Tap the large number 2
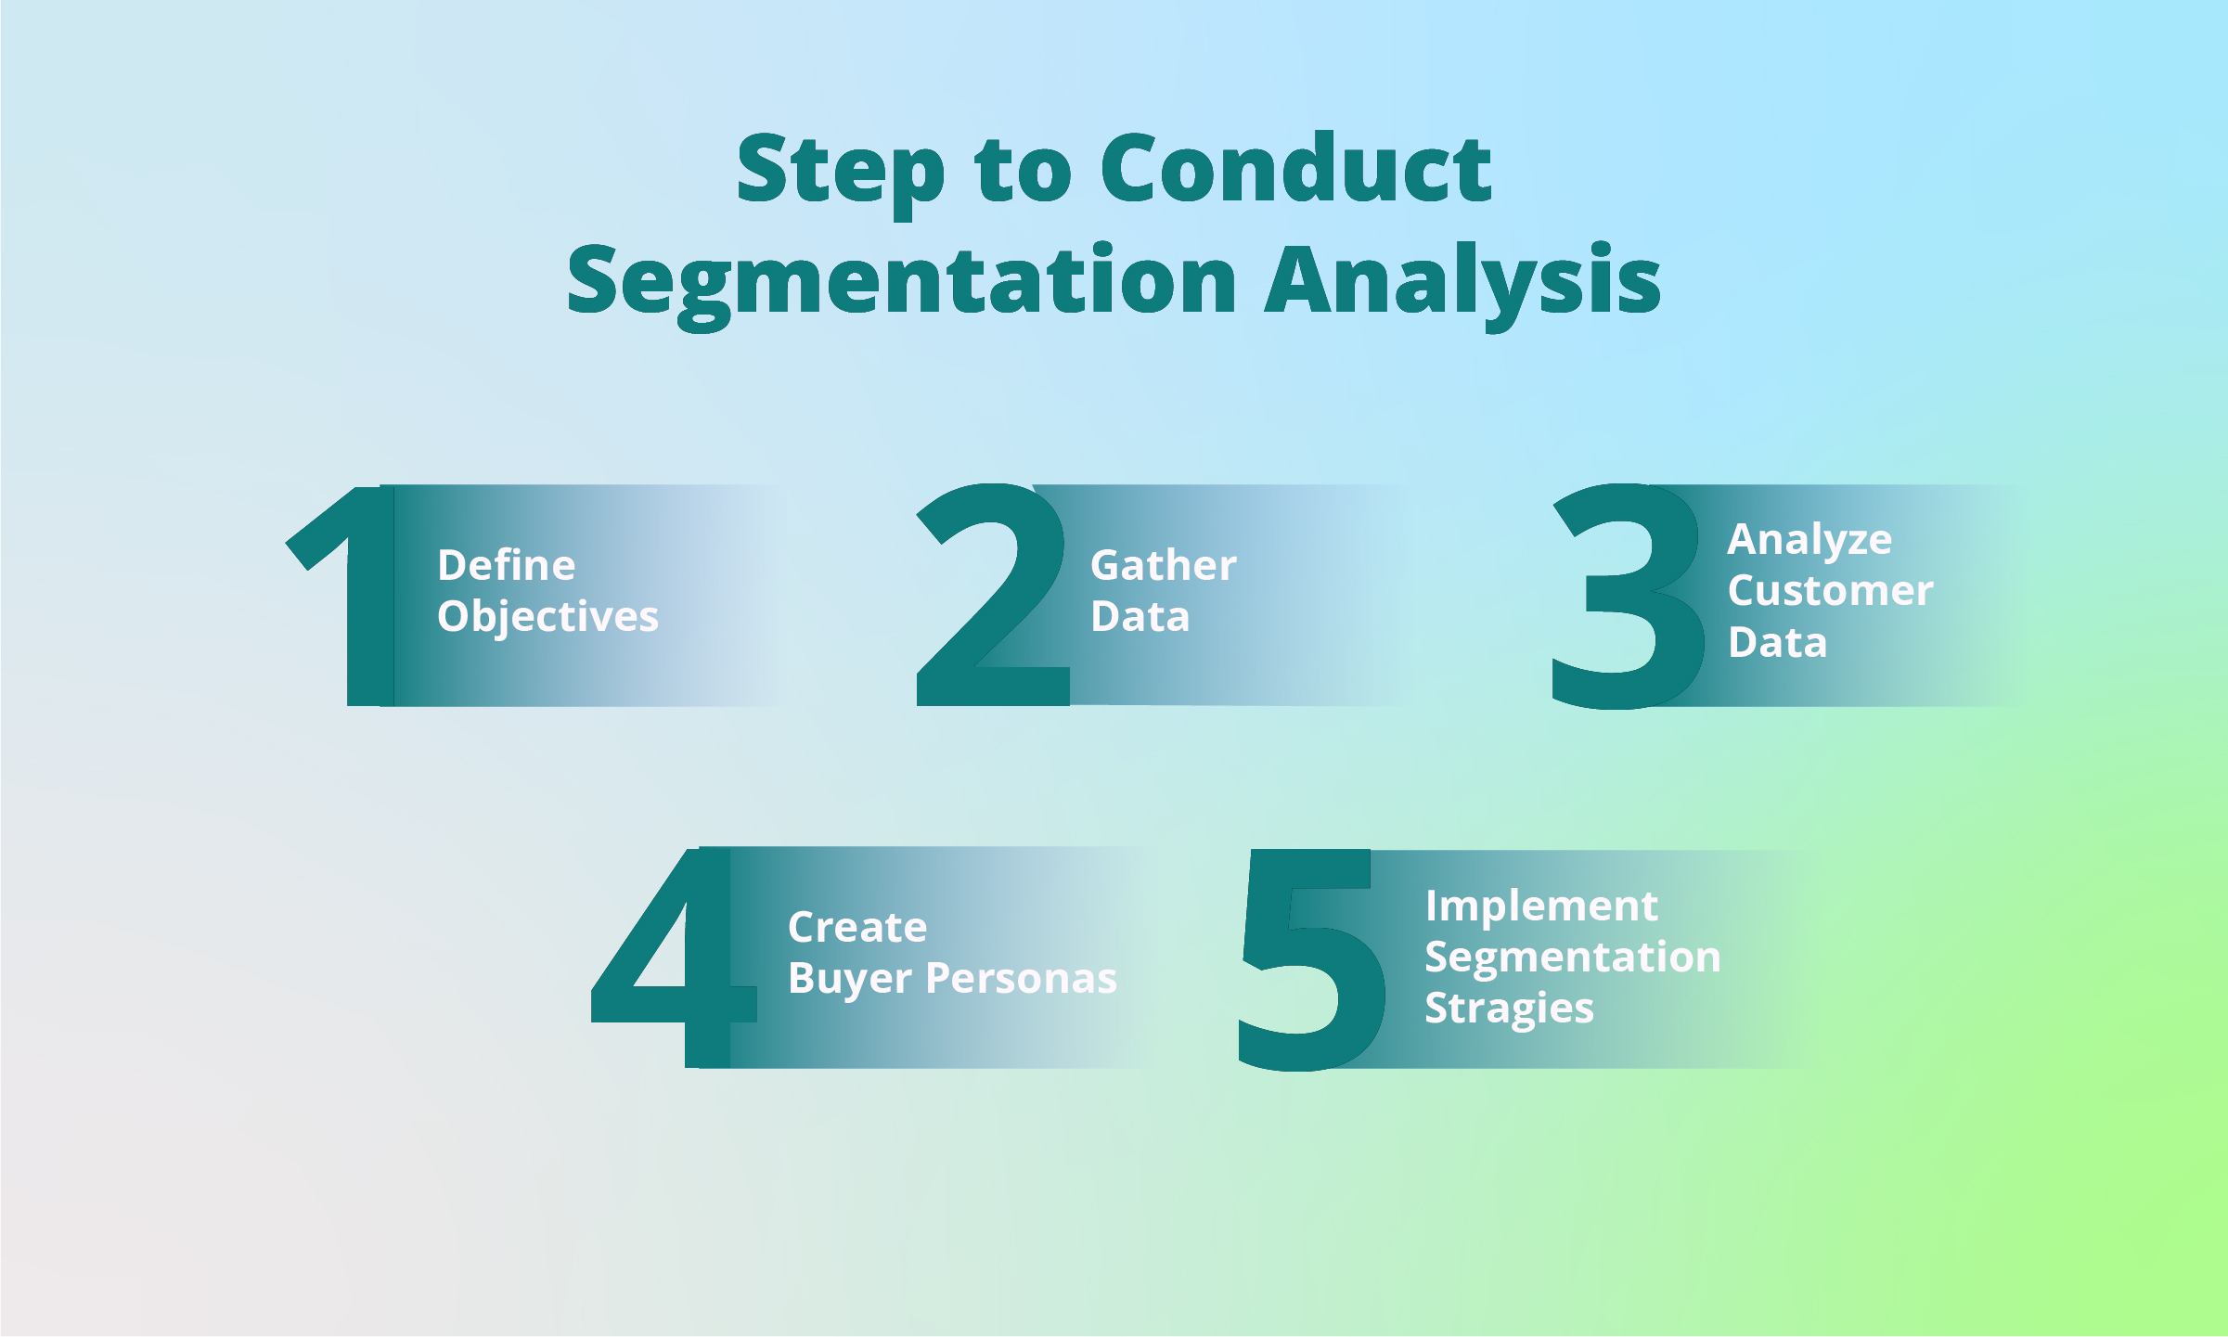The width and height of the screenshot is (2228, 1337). tap(991, 603)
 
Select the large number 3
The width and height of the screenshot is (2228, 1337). tap(1626, 598)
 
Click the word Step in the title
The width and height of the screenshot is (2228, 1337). tap(841, 172)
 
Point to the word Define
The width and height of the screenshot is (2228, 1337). tap(507, 565)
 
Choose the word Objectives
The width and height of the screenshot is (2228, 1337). tap(547, 617)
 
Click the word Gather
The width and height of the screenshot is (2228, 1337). tap(1163, 565)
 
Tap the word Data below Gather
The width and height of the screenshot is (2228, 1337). tap(1140, 617)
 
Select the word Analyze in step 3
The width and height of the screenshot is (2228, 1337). tap(1809, 540)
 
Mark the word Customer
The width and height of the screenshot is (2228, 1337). tap(1830, 591)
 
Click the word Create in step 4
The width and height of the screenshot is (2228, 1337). tap(857, 927)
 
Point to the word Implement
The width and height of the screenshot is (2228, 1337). tap(1541, 906)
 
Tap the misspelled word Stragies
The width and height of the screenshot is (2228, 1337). tap(1509, 1009)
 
